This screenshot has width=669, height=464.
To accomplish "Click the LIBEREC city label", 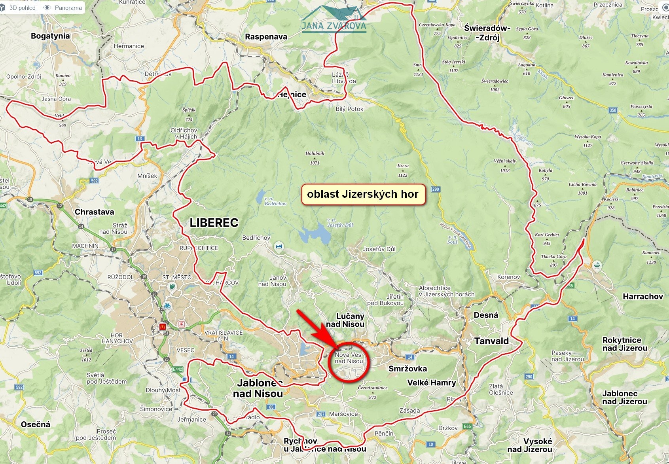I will tap(214, 223).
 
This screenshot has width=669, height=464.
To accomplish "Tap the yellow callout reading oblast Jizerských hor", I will tap(363, 194).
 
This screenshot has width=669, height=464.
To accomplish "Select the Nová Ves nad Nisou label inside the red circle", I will tap(349, 358).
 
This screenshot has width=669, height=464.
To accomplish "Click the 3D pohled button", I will tap(20, 8).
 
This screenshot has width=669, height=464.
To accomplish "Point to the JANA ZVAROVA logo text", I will tap(334, 26).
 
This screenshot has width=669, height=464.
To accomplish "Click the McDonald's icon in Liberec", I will tap(162, 327).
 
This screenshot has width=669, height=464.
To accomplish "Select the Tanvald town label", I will tap(491, 341).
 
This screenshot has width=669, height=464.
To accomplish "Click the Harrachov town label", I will tap(642, 296).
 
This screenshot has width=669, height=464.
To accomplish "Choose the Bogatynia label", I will tap(50, 36).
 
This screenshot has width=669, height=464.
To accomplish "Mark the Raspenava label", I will tap(266, 37).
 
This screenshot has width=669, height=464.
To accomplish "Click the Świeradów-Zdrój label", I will tap(487, 33).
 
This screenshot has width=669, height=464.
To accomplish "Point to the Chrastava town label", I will tap(94, 212).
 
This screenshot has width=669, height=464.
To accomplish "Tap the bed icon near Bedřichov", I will tap(279, 247).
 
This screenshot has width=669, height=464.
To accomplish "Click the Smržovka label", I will tap(407, 369).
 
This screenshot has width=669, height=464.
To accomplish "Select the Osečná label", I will tap(36, 424).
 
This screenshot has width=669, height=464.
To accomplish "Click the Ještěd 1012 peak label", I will tap(86, 355).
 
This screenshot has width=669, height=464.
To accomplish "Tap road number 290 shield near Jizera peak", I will tap(436, 189).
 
